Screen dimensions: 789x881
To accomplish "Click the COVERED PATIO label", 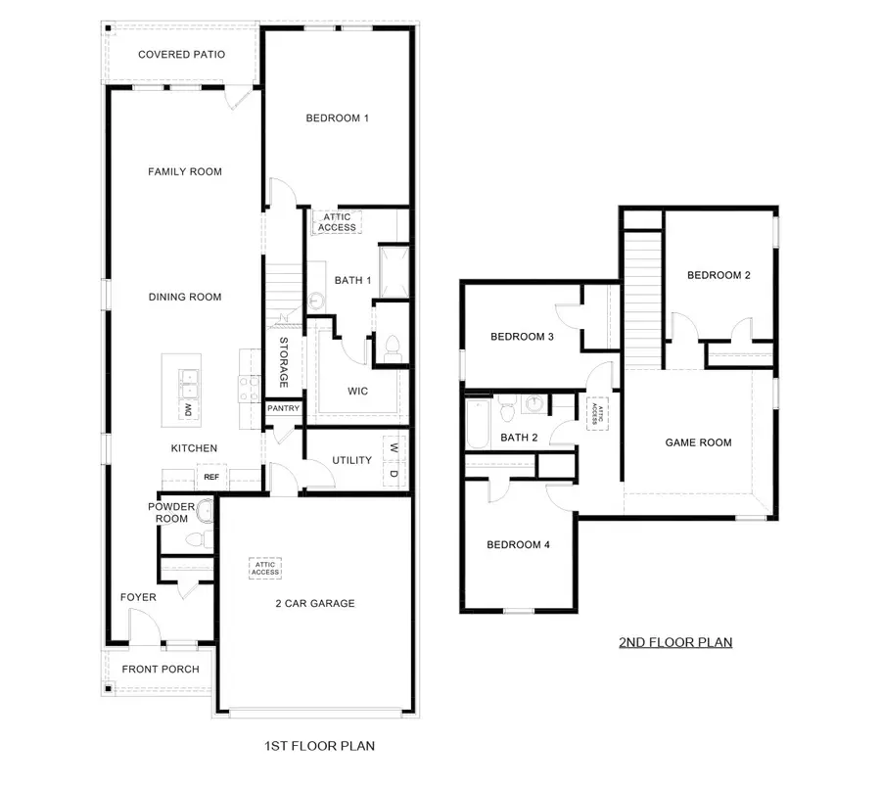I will click(x=181, y=55).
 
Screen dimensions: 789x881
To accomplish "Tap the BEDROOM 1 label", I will click(x=337, y=118).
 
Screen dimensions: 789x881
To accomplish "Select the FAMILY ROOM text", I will click(x=185, y=172).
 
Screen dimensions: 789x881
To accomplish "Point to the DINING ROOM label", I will click(x=185, y=298).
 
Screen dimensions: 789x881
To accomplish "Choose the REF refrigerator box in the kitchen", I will click(x=210, y=477).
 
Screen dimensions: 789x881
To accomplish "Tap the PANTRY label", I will click(x=284, y=409).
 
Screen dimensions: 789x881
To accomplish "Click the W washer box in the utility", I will click(x=394, y=448).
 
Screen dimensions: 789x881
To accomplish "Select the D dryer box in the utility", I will click(x=394, y=474).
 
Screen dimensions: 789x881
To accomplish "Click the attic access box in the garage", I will click(x=265, y=568).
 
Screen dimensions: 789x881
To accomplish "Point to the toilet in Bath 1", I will click(x=392, y=346).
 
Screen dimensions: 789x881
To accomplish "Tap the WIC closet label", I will click(x=357, y=392).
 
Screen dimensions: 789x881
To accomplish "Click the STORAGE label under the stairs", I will click(x=284, y=362).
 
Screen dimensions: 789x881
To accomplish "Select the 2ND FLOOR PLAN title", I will click(x=675, y=643).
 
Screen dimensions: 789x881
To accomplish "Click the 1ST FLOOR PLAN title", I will click(x=319, y=746).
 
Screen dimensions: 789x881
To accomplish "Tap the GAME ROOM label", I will click(x=698, y=442).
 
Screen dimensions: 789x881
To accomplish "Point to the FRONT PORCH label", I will click(x=161, y=670).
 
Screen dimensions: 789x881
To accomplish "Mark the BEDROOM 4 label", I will click(x=518, y=545).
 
